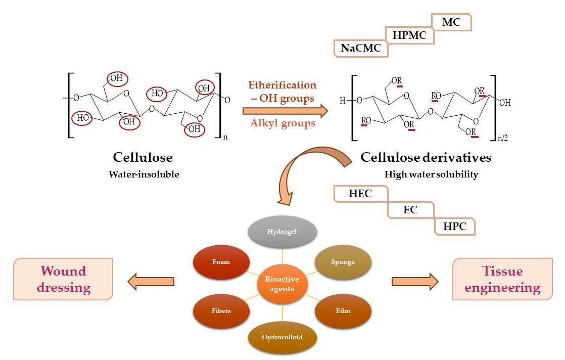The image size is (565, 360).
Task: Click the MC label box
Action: tap(451, 22)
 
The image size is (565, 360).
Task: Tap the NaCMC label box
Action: tap(360, 49)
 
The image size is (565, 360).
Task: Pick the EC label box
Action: tap(410, 210)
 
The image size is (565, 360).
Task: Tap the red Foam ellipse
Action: tap(221, 262)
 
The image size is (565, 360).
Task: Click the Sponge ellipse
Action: tap(343, 262)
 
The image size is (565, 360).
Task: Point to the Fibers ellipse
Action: tap(221, 310)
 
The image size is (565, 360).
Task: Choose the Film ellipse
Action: tap(343, 310)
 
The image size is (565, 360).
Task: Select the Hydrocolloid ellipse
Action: tap(282, 337)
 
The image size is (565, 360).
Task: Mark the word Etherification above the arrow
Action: tap(281, 85)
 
